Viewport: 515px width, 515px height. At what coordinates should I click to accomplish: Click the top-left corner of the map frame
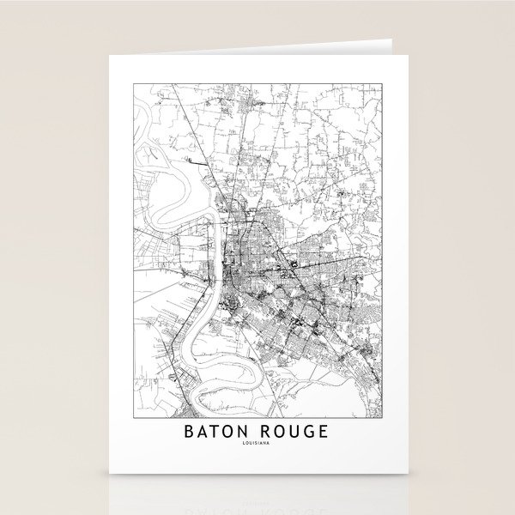[132, 82]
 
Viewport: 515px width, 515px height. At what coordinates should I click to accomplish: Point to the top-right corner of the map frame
[381, 82]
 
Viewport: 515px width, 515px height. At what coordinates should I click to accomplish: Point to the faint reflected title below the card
[257, 496]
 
